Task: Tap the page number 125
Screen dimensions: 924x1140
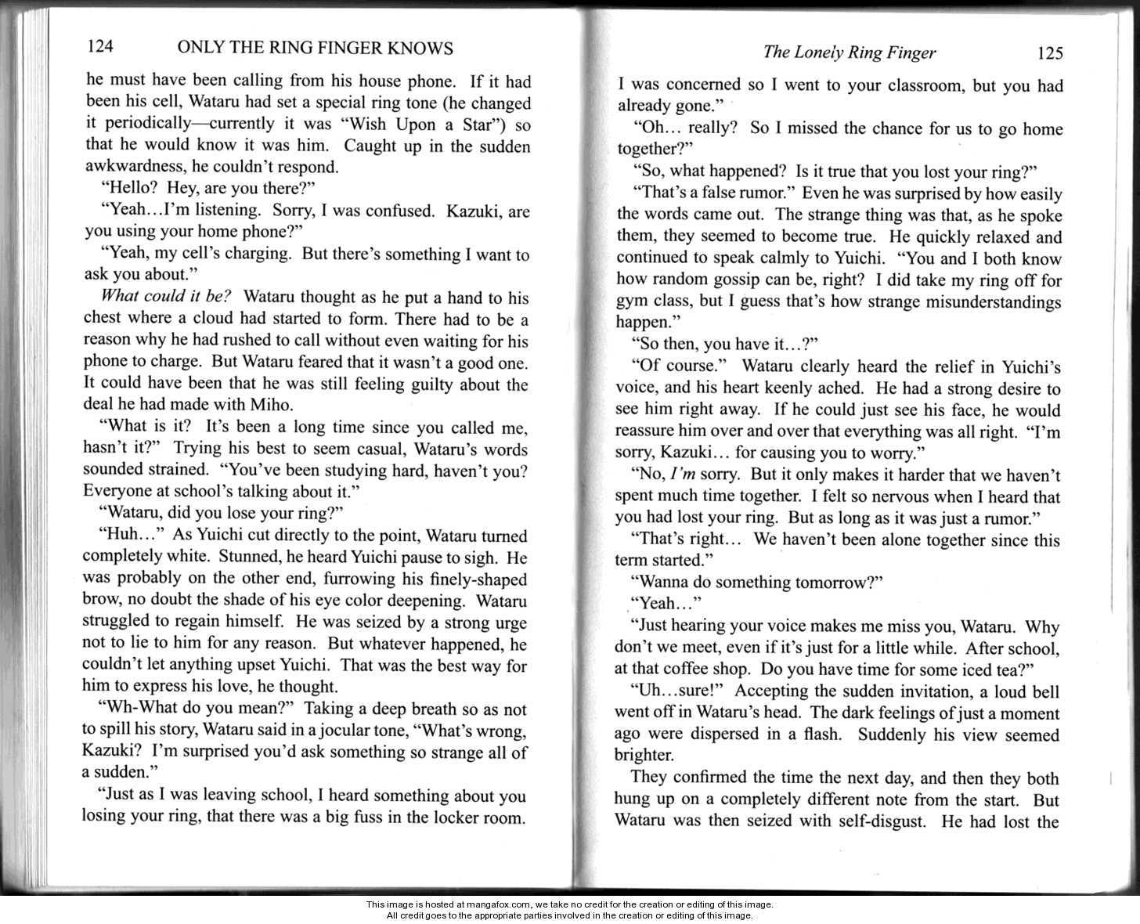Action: point(1049,52)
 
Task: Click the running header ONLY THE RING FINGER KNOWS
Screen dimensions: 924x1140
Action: point(316,48)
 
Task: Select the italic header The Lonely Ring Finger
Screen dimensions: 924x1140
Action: point(849,52)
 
